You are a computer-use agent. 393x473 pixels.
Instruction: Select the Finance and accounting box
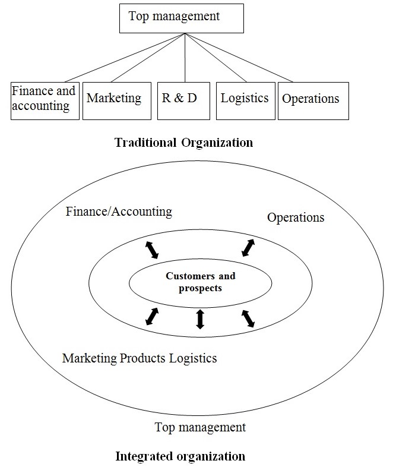[x=45, y=99]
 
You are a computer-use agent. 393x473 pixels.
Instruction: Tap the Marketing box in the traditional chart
[x=114, y=99]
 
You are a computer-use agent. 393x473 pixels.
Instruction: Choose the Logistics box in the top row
[x=245, y=99]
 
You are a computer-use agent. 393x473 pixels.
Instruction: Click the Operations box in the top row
[x=313, y=99]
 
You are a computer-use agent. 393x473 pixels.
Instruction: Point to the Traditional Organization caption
[x=183, y=143]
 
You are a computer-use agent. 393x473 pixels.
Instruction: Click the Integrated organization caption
[x=179, y=456]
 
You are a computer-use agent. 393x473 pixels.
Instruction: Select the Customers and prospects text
[x=200, y=282]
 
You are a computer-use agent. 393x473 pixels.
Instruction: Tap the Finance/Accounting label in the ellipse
[x=119, y=211]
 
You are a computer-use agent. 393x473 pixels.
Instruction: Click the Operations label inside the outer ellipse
[x=296, y=217]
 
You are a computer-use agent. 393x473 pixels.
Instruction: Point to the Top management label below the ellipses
[x=199, y=427]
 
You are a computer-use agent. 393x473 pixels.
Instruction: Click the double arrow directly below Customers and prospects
[x=200, y=319]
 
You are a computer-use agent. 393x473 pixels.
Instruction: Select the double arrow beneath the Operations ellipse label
[x=248, y=248]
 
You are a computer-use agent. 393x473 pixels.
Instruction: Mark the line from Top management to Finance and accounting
[x=125, y=57]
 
